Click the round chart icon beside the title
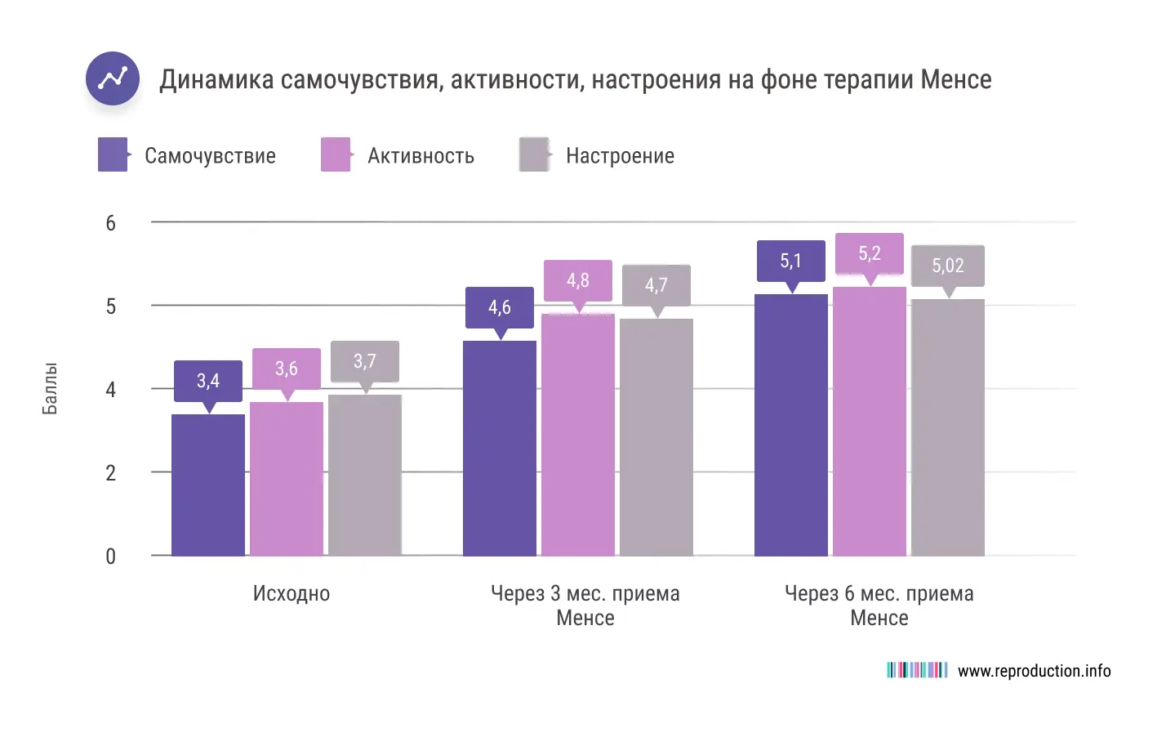[113, 78]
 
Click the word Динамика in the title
[216, 80]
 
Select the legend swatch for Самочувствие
[113, 154]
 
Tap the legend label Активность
[421, 156]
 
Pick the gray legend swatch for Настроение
[534, 154]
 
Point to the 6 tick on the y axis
[111, 223]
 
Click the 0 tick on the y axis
[111, 556]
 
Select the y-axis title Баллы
[50, 388]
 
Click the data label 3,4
[208, 381]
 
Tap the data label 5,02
[948, 266]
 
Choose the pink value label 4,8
[578, 280]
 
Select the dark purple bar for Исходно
[208, 485]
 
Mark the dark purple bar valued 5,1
[791, 425]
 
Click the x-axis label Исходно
[291, 594]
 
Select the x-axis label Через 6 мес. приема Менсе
[879, 606]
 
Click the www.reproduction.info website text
[1034, 671]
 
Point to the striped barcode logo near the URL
[917, 670]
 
